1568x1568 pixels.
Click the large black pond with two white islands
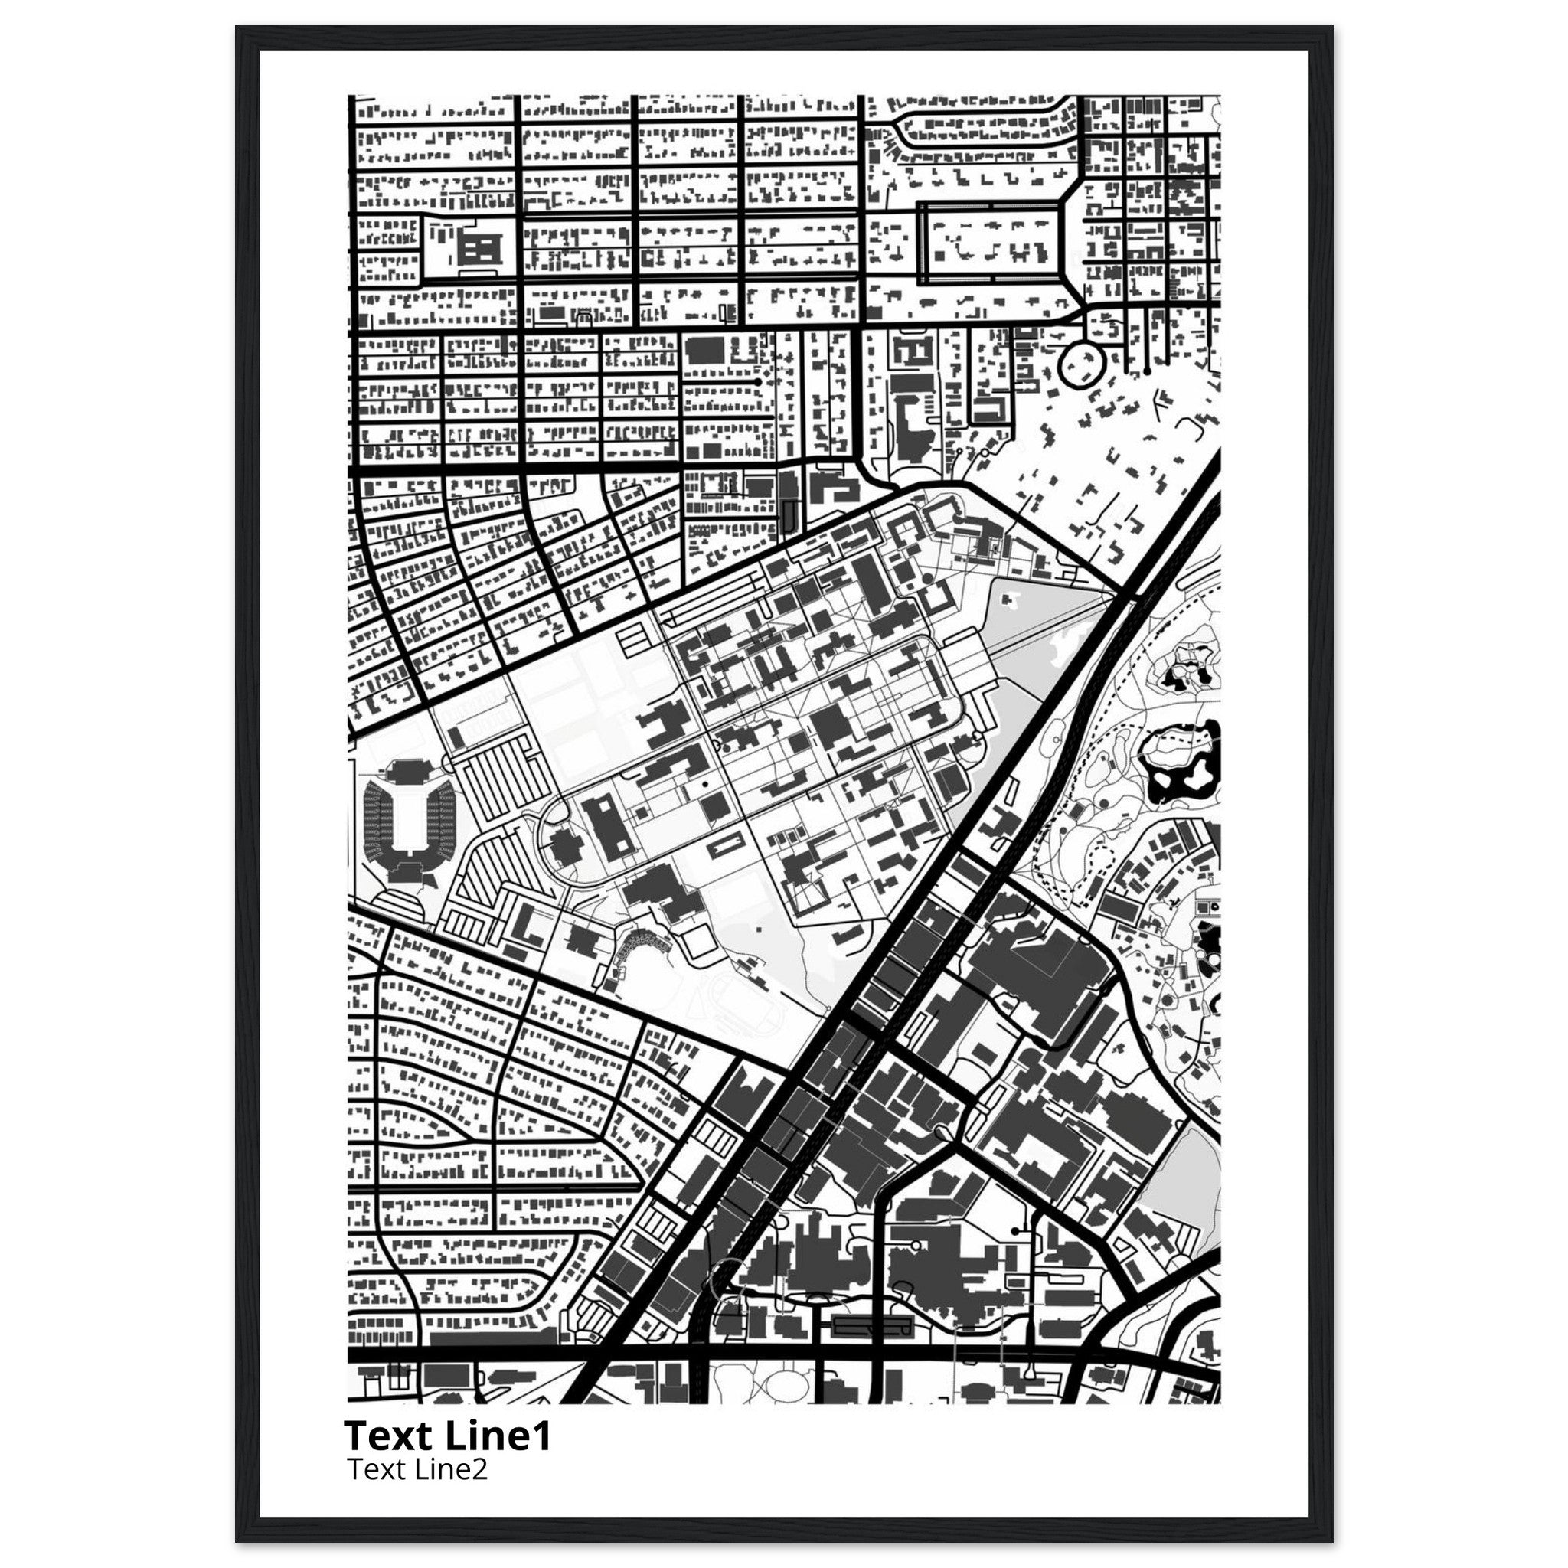(x=1181, y=763)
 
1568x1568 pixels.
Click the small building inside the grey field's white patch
(x=1011, y=599)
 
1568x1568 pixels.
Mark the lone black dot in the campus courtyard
(x=704, y=785)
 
